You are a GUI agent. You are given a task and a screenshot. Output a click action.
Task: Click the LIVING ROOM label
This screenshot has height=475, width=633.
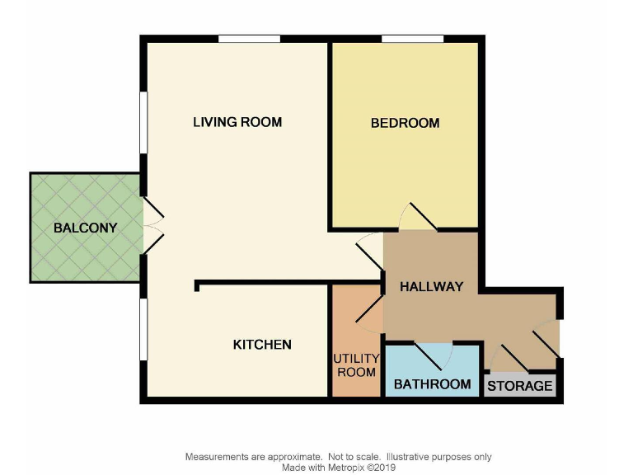point(237,122)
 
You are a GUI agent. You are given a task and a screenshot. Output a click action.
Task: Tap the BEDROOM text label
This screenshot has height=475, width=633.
point(405,123)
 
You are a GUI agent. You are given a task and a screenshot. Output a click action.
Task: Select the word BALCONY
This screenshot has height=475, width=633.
point(85,228)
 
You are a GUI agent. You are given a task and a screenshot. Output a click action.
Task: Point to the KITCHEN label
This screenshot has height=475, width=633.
point(262,344)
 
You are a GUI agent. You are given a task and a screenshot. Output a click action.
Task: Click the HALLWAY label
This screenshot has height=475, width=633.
point(431,287)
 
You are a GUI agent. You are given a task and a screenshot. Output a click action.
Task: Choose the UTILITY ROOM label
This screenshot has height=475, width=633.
point(356,365)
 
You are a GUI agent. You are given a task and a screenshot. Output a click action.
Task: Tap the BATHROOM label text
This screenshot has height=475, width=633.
point(432,384)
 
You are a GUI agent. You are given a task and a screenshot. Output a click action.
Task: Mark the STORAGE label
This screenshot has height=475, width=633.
point(520,386)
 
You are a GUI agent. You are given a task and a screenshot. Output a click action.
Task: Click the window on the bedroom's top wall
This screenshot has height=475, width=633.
point(413,38)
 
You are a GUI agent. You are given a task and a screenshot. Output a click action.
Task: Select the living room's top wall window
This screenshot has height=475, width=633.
point(249,38)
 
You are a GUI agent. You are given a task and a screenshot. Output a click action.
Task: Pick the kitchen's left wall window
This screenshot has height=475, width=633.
point(143,329)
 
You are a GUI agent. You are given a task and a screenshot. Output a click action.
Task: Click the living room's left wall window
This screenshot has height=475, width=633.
point(143,122)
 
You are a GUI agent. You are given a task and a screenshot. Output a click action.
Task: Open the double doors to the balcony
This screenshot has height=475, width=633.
point(153,225)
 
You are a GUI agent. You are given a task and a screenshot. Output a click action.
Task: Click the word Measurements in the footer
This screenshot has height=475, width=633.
point(217,457)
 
